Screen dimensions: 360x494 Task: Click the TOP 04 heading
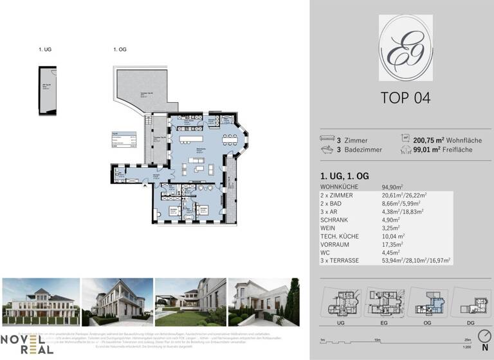405,98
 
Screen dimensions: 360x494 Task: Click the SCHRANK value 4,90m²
393,219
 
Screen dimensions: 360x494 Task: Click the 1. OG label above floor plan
118,49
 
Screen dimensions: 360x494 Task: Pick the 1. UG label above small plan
44,49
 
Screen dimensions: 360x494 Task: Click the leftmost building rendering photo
41,301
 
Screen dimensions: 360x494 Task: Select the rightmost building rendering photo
264,301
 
